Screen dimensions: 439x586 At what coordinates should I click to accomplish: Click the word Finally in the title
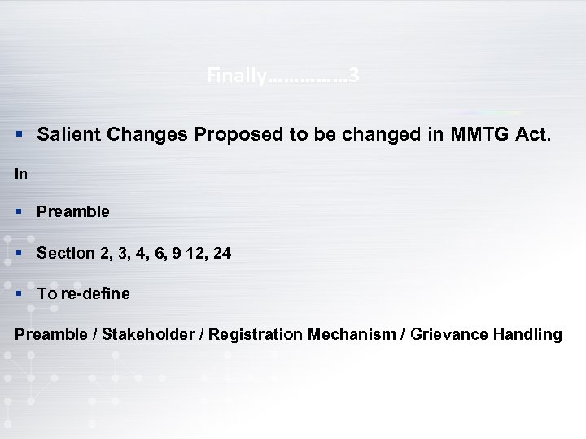tap(236, 76)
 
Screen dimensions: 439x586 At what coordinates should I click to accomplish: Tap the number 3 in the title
tap(354, 76)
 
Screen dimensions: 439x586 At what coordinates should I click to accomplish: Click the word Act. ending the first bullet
tap(532, 134)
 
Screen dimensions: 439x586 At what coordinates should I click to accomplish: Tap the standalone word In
tap(21, 174)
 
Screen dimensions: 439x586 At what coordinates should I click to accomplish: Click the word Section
tap(66, 254)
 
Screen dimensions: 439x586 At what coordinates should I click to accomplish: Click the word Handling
tap(527, 334)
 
